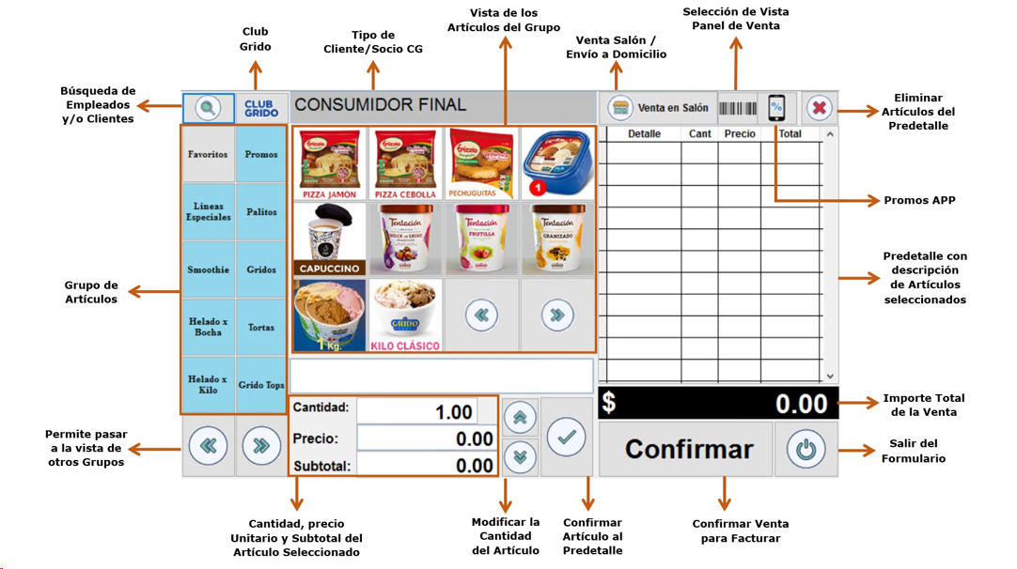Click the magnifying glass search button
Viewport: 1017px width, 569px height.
click(x=208, y=108)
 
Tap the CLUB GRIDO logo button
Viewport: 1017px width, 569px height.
click(x=261, y=108)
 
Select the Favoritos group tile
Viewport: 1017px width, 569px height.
click(x=208, y=154)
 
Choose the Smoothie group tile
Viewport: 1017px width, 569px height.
click(x=208, y=269)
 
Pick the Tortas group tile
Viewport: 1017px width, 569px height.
click(x=261, y=328)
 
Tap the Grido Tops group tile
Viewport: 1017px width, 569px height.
click(x=261, y=385)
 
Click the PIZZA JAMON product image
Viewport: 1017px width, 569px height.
click(x=330, y=163)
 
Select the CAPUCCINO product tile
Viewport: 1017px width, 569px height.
click(x=330, y=238)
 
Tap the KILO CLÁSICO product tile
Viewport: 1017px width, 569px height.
click(x=405, y=315)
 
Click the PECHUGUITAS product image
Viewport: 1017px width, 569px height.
click(x=480, y=163)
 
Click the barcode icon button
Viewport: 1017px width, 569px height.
click(x=738, y=108)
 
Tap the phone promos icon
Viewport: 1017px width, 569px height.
click(x=776, y=108)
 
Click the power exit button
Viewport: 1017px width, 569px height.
click(x=806, y=449)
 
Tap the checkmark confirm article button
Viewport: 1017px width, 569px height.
click(x=566, y=437)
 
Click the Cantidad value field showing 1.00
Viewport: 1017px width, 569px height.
click(x=417, y=411)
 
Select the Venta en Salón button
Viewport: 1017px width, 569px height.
click(x=659, y=108)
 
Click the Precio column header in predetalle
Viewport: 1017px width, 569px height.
click(x=740, y=134)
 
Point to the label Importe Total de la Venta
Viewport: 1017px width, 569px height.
click(x=923, y=405)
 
